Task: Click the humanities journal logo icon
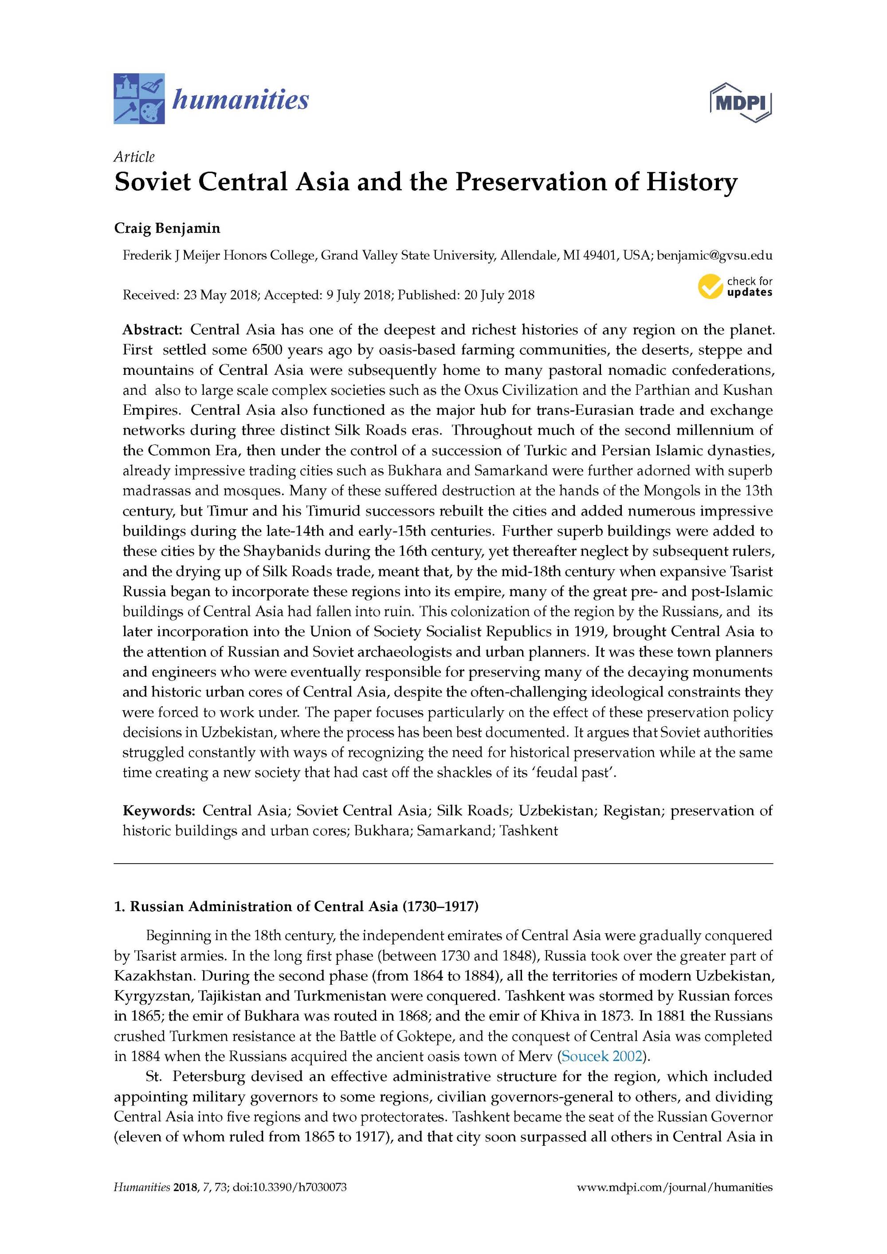(x=139, y=98)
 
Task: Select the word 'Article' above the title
(x=134, y=157)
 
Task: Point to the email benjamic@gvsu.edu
(x=714, y=255)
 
